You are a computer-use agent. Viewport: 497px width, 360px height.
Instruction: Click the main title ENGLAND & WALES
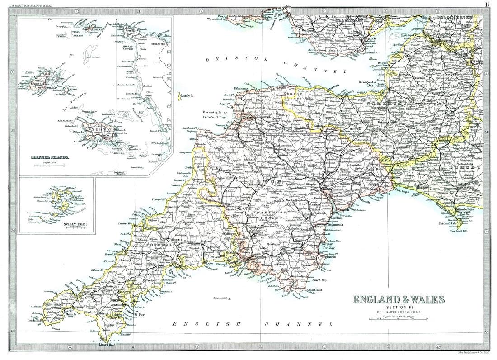[x=398, y=299]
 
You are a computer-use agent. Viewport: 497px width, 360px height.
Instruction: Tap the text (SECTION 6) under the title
[x=398, y=308]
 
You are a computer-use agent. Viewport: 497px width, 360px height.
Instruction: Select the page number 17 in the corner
[x=488, y=4]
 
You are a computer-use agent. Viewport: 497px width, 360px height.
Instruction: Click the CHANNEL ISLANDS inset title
[x=50, y=157]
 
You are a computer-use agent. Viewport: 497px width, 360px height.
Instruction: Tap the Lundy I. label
[x=186, y=96]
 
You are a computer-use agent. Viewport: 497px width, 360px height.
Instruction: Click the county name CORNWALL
[x=160, y=245]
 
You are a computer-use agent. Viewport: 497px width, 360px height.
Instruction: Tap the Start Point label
[x=315, y=290]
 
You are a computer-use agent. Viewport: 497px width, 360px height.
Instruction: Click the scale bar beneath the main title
[x=398, y=319]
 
